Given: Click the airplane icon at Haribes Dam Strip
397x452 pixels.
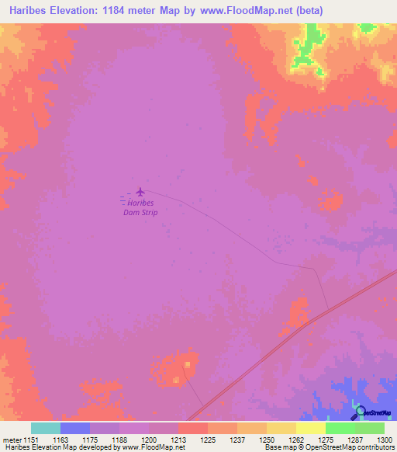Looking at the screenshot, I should (x=140, y=192).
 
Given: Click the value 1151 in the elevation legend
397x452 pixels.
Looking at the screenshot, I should (x=31, y=440).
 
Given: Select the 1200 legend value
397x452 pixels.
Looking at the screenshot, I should (x=149, y=440).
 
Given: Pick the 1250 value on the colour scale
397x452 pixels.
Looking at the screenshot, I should (x=267, y=440).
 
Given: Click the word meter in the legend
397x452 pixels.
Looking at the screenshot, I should (x=12, y=440).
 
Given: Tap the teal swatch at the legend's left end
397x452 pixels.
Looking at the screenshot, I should (x=46, y=428).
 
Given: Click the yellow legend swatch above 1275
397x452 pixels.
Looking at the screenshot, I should (x=310, y=428).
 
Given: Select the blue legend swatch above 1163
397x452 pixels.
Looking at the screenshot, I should (x=75, y=428).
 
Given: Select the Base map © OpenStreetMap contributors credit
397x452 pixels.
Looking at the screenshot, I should (x=329, y=448).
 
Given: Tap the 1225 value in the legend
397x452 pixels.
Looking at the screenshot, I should (x=208, y=440).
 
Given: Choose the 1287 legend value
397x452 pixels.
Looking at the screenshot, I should (x=354, y=440).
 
